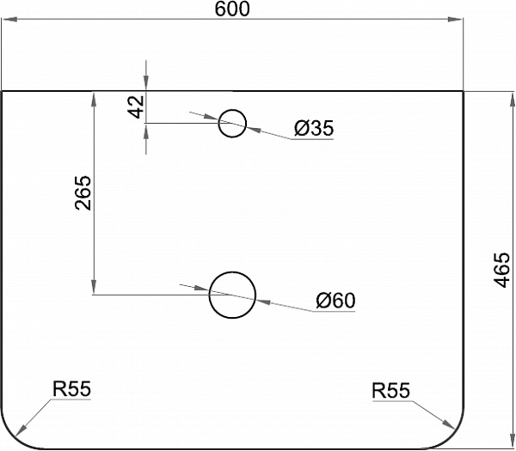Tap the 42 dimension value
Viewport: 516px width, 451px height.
135,107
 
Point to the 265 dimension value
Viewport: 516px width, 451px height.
83,194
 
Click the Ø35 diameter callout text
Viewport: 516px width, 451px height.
313,129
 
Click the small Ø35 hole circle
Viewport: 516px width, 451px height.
232,123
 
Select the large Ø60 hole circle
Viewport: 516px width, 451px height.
232,295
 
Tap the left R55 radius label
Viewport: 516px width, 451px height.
71,390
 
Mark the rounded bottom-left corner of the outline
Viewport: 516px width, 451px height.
15,435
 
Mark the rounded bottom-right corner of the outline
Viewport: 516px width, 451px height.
449,435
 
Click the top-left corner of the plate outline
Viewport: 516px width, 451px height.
2,90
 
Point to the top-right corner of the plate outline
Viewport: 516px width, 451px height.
463,90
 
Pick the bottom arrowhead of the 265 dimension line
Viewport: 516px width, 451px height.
93,289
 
